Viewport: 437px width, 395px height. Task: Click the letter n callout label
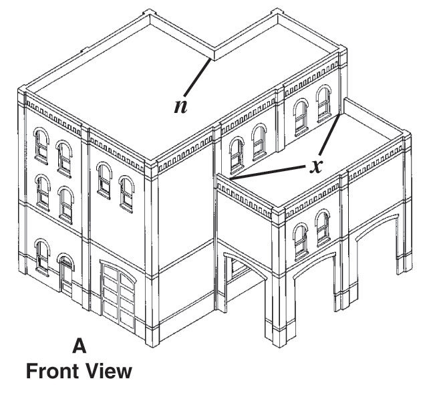coord(180,106)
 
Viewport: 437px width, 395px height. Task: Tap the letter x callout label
coord(316,166)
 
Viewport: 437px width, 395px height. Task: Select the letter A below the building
coord(79,346)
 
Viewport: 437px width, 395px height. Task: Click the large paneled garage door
coord(119,296)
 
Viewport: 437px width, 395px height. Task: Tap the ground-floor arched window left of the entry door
coord(42,257)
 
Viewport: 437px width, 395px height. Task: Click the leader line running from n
coord(197,78)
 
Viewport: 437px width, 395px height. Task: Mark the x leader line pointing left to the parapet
coord(268,172)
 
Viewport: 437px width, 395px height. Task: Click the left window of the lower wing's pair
coord(301,241)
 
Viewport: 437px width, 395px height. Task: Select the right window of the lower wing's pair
coord(323,228)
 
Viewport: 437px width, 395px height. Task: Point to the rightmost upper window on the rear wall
coord(324,104)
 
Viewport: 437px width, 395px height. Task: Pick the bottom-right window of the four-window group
coord(65,205)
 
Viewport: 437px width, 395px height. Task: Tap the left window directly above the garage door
coord(104,180)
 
